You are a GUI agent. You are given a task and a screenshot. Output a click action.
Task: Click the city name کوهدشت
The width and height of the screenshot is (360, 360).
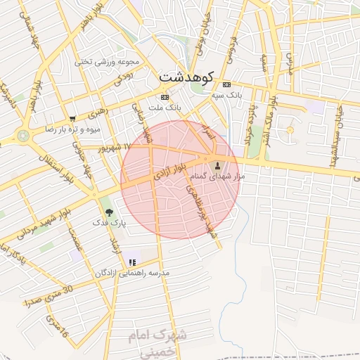pos(186,75)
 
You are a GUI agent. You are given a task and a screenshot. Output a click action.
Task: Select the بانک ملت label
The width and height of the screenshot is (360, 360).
pos(169,109)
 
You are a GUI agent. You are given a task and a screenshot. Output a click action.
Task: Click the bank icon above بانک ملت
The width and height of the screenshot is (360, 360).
pos(165,97)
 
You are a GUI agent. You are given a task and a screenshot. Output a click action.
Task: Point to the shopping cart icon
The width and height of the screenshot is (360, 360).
pos(72,119)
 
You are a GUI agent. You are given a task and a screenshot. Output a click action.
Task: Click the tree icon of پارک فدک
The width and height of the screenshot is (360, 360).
pos(108,211)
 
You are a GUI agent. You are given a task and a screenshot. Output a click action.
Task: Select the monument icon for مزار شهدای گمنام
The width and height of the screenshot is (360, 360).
pos(217,167)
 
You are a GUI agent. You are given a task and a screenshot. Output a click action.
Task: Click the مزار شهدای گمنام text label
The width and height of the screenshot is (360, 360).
pos(220,178)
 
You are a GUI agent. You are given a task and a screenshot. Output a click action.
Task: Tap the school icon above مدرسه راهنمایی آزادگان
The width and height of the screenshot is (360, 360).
pos(131,262)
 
